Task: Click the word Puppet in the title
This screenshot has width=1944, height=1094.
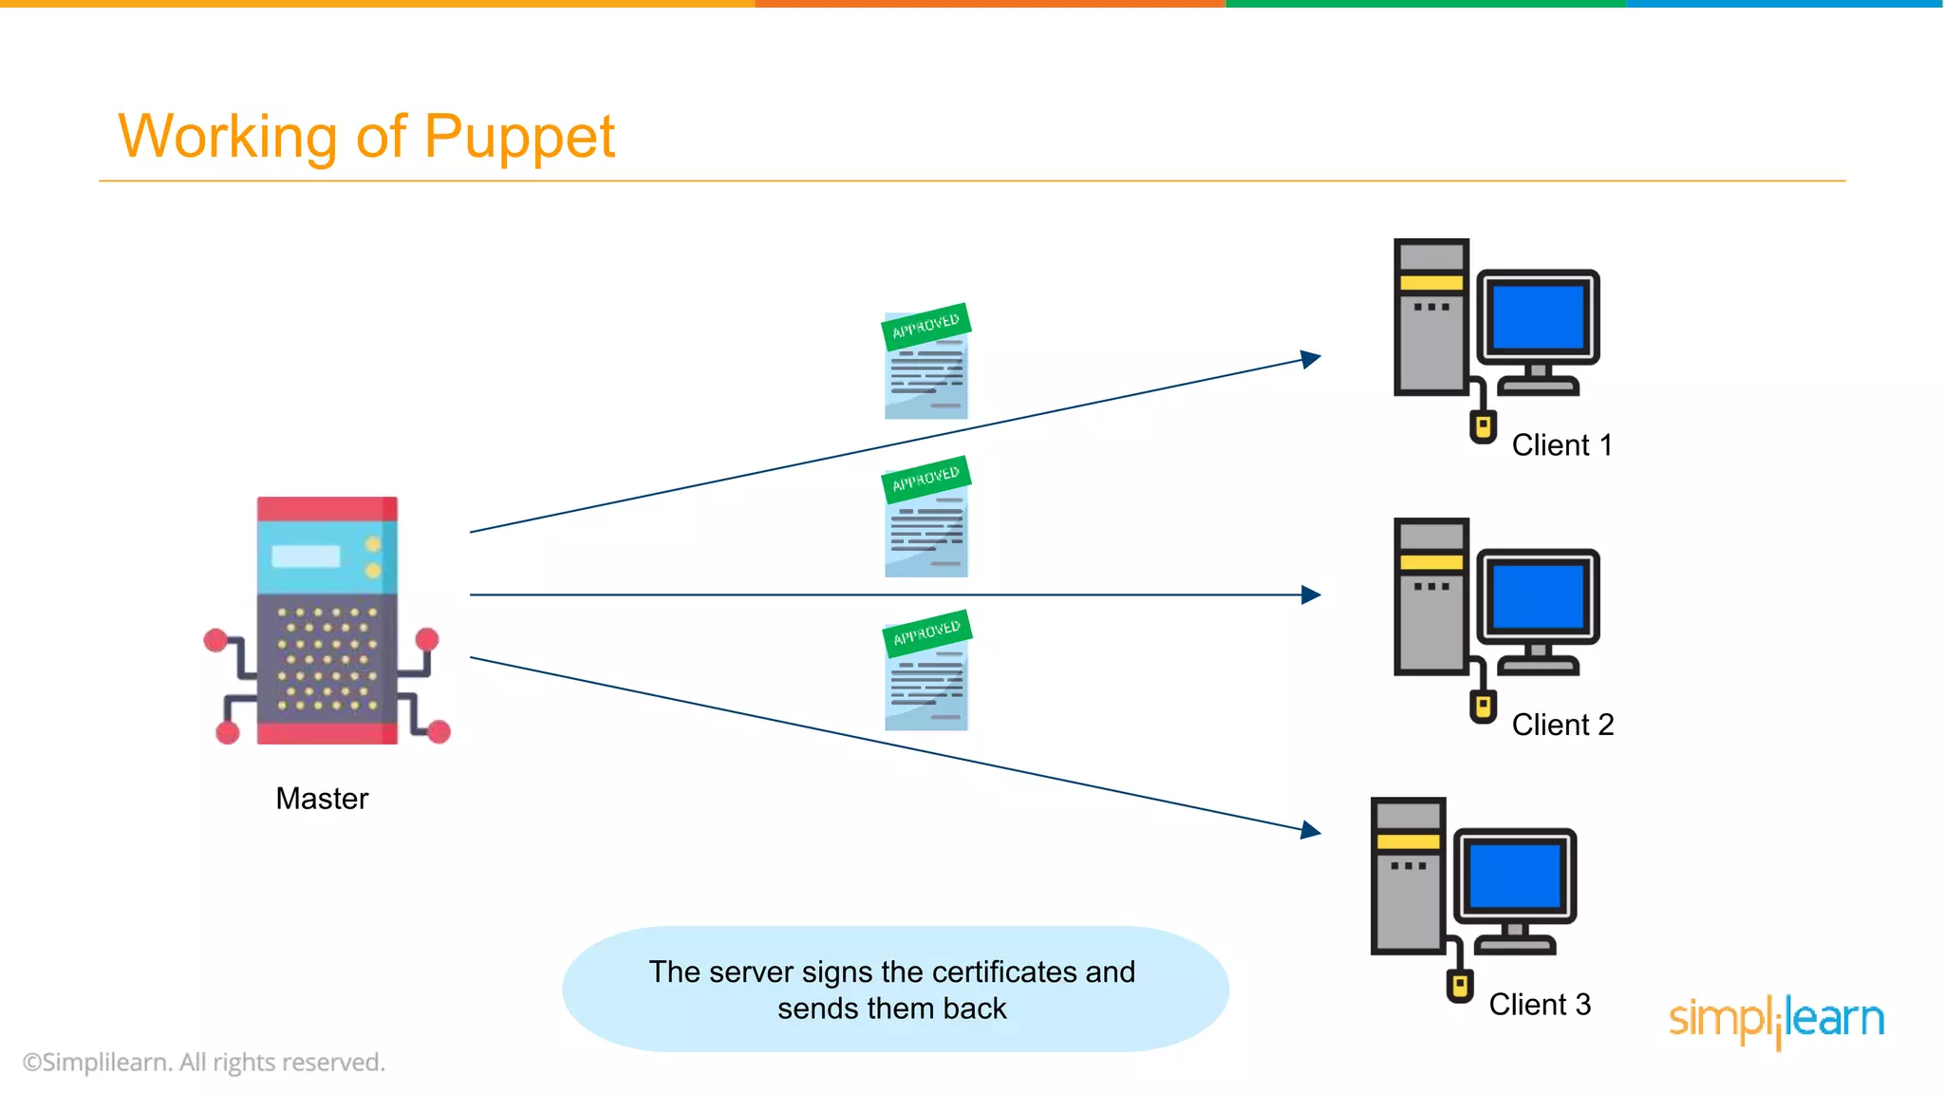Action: (x=519, y=137)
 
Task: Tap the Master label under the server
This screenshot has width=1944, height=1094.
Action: (x=322, y=799)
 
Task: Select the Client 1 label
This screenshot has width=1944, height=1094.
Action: (x=1561, y=445)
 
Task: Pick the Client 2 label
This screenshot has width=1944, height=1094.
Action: (x=1562, y=725)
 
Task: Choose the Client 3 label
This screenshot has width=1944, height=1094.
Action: (x=1539, y=1005)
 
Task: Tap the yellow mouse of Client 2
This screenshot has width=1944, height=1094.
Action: (x=1483, y=707)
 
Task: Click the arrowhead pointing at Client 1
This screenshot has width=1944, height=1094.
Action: (x=1310, y=359)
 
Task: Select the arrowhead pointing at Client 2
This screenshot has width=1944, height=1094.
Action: (x=1311, y=595)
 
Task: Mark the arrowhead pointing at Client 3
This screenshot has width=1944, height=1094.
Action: (x=1310, y=830)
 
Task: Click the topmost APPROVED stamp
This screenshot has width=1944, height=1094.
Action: (x=925, y=326)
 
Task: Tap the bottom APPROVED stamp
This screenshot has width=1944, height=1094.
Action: (x=926, y=632)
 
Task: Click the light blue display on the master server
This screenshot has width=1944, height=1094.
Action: (x=306, y=556)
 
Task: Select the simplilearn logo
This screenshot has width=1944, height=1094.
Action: (x=1776, y=1019)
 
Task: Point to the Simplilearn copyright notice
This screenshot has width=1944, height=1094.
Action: (x=204, y=1063)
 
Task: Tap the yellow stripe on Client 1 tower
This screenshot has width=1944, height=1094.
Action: (x=1431, y=282)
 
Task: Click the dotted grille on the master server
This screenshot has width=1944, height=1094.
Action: (x=327, y=658)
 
